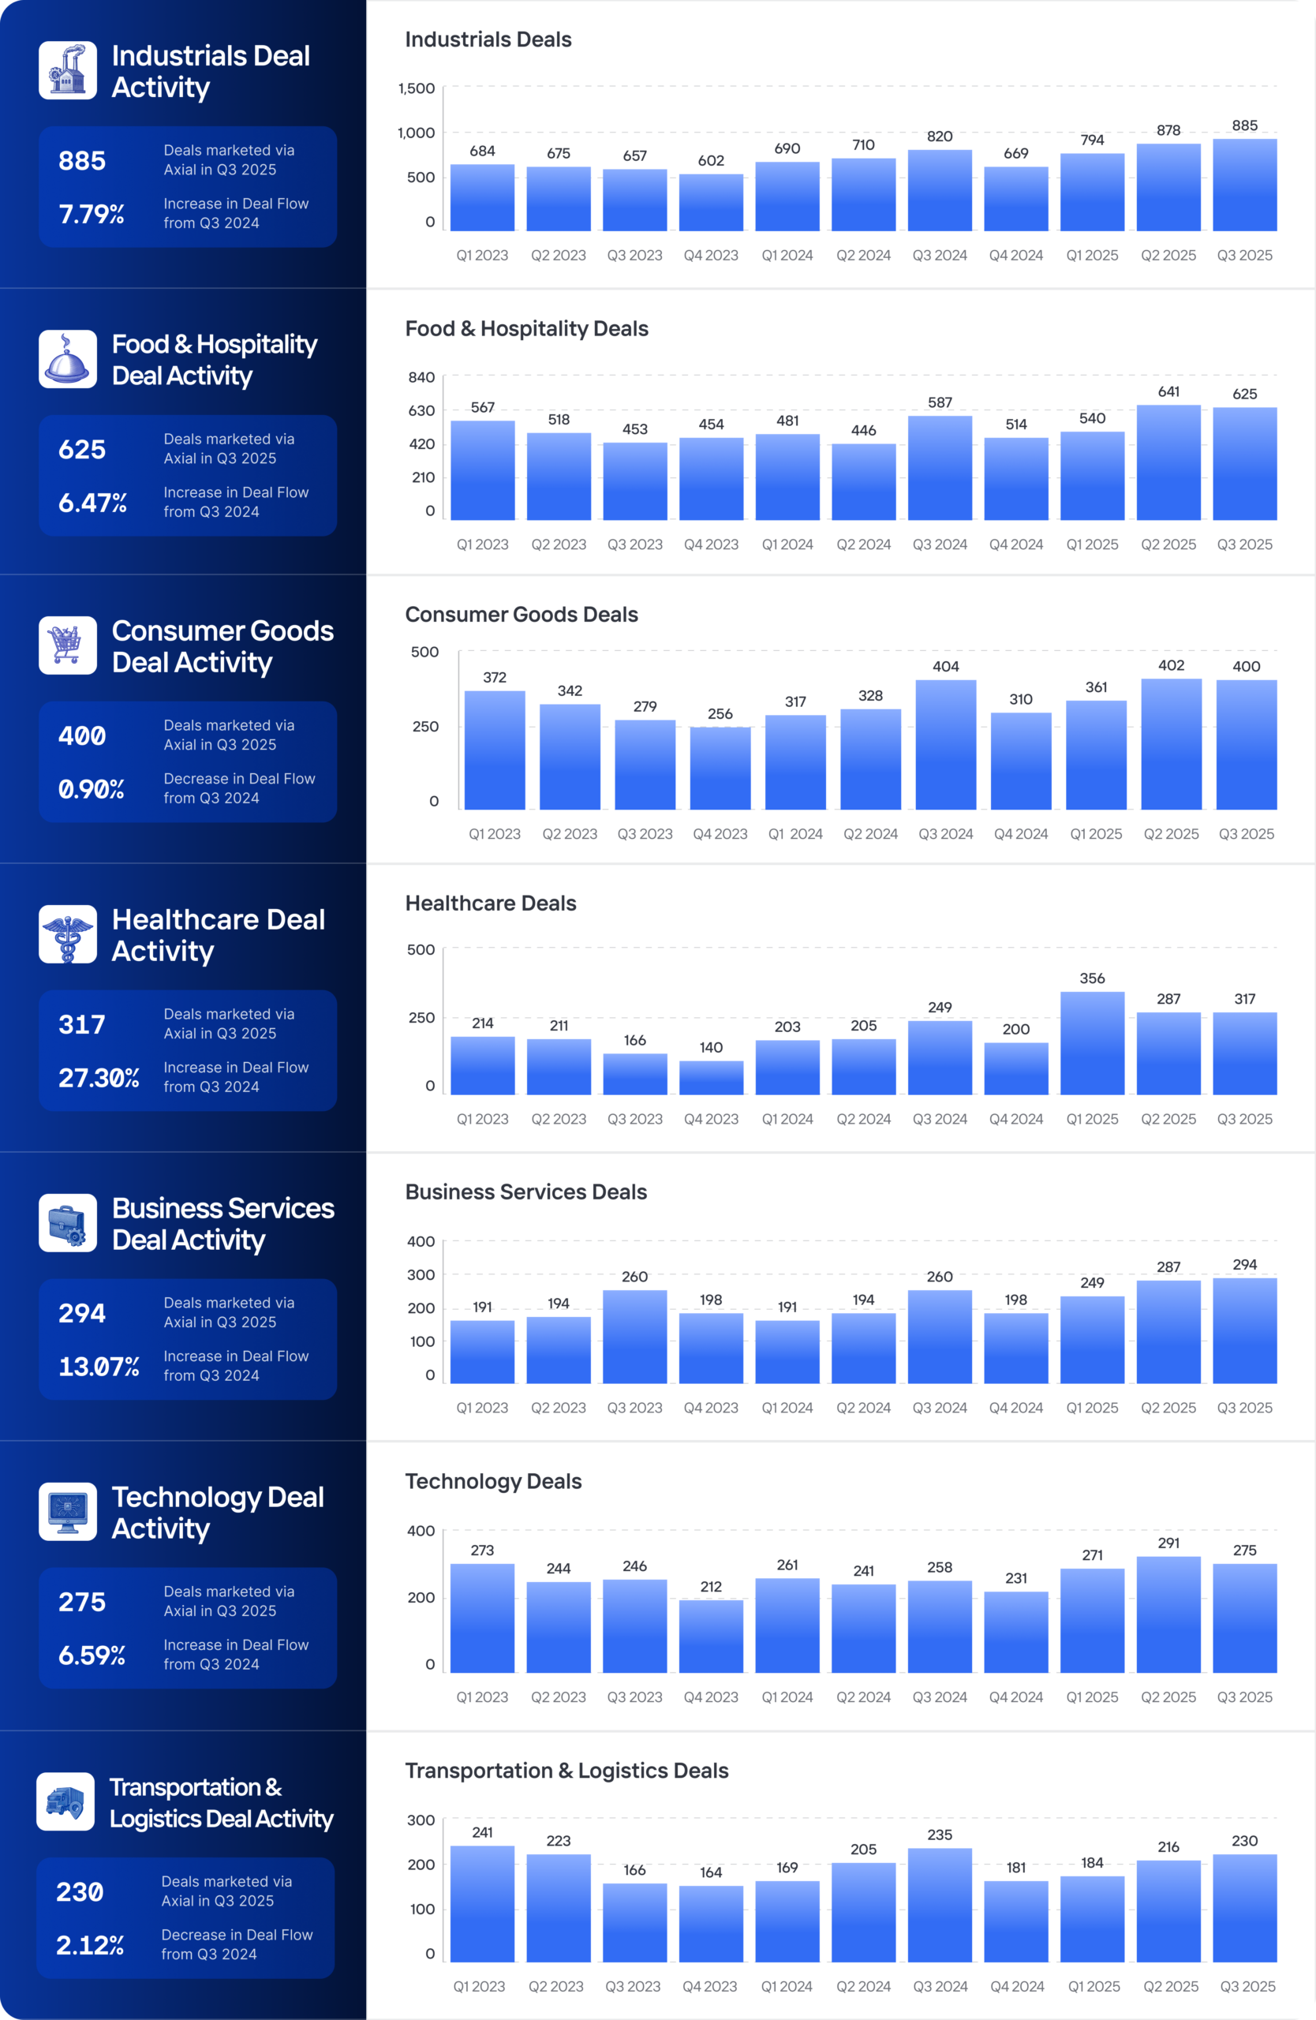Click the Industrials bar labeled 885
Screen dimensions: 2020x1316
pos(1244,184)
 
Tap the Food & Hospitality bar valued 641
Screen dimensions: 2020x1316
pos(1168,462)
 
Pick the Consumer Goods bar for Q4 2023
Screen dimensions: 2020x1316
pos(720,767)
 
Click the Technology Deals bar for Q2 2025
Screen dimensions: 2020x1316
pos(1168,1614)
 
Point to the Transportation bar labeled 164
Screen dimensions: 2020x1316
pos(711,1923)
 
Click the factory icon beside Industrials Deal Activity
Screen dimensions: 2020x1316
pos(68,70)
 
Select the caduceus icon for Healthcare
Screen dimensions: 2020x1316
pos(68,933)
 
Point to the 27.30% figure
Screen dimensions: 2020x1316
pos(99,1078)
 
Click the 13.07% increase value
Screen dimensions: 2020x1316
pos(99,1367)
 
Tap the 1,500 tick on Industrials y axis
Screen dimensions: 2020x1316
pos(417,88)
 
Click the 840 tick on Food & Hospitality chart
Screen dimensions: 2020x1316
pos(421,378)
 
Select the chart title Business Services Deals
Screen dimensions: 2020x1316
pos(526,1191)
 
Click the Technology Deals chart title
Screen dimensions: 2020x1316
pos(493,1481)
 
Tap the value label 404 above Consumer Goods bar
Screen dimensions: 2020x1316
pos(945,666)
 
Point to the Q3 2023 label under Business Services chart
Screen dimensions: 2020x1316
pos(634,1407)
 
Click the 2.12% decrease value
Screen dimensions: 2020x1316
pos(90,1945)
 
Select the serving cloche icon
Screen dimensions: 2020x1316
pos(68,359)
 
